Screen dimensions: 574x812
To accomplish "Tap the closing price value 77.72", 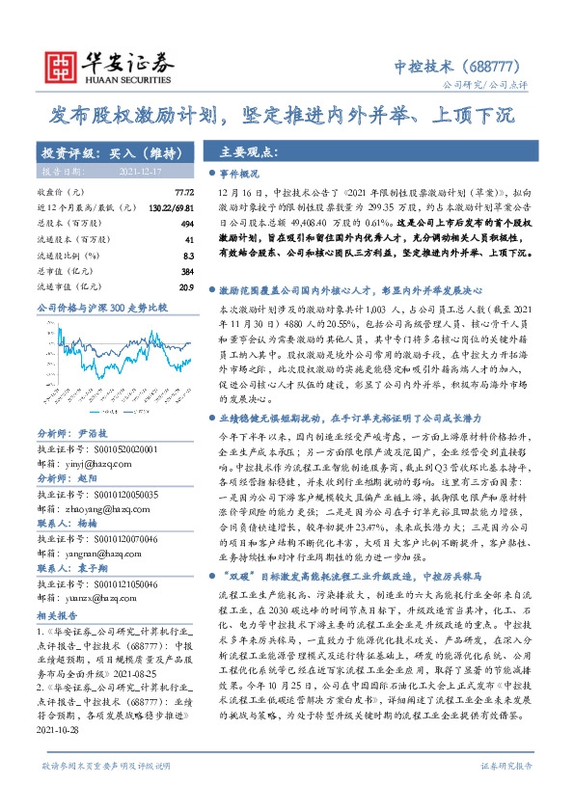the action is [183, 194].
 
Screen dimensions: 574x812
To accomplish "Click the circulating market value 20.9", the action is [186, 286].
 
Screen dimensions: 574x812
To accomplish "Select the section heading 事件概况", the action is [241, 175].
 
